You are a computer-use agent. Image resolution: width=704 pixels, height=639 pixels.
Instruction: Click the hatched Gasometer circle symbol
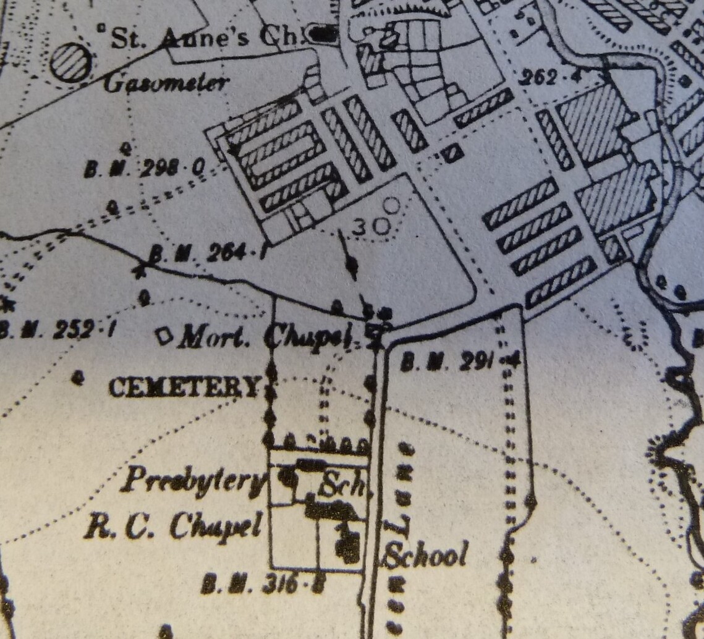[70, 62]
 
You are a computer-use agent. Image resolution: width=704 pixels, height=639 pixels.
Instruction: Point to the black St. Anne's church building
[323, 35]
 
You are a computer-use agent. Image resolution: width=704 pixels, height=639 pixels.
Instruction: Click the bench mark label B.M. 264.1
[206, 253]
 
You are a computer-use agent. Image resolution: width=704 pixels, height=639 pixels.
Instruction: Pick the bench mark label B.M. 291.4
[460, 362]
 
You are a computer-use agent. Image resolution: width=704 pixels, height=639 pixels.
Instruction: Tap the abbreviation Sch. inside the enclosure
[341, 486]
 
